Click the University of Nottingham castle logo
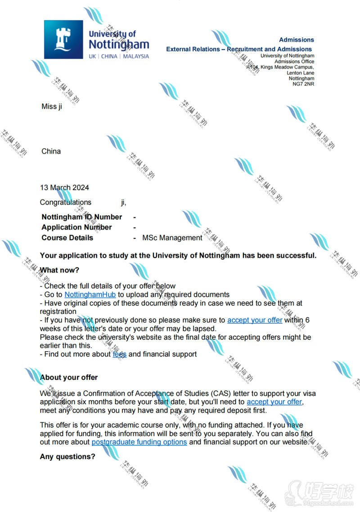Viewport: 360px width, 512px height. [63, 40]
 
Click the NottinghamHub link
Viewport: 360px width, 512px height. [90, 295]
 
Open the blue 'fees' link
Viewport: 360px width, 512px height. [119, 354]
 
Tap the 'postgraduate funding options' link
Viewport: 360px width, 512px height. [139, 442]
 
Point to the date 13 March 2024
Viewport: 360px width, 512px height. [64, 188]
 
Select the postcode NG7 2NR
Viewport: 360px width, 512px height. [303, 84]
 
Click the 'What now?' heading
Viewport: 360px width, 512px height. [59, 270]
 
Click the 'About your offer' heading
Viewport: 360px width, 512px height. [68, 377]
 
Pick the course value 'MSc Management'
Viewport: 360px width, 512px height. [172, 238]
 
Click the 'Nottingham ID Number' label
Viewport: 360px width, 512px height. [81, 217]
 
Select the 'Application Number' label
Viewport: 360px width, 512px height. [76, 227]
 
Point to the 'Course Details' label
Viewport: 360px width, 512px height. [67, 238]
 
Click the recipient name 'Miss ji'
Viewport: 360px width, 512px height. [52, 106]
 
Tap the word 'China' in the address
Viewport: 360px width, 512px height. [51, 151]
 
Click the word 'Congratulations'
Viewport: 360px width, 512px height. [65, 203]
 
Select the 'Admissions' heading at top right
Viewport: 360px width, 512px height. [296, 40]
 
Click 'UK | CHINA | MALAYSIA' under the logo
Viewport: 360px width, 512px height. [119, 57]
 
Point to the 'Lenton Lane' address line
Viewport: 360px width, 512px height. [300, 73]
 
